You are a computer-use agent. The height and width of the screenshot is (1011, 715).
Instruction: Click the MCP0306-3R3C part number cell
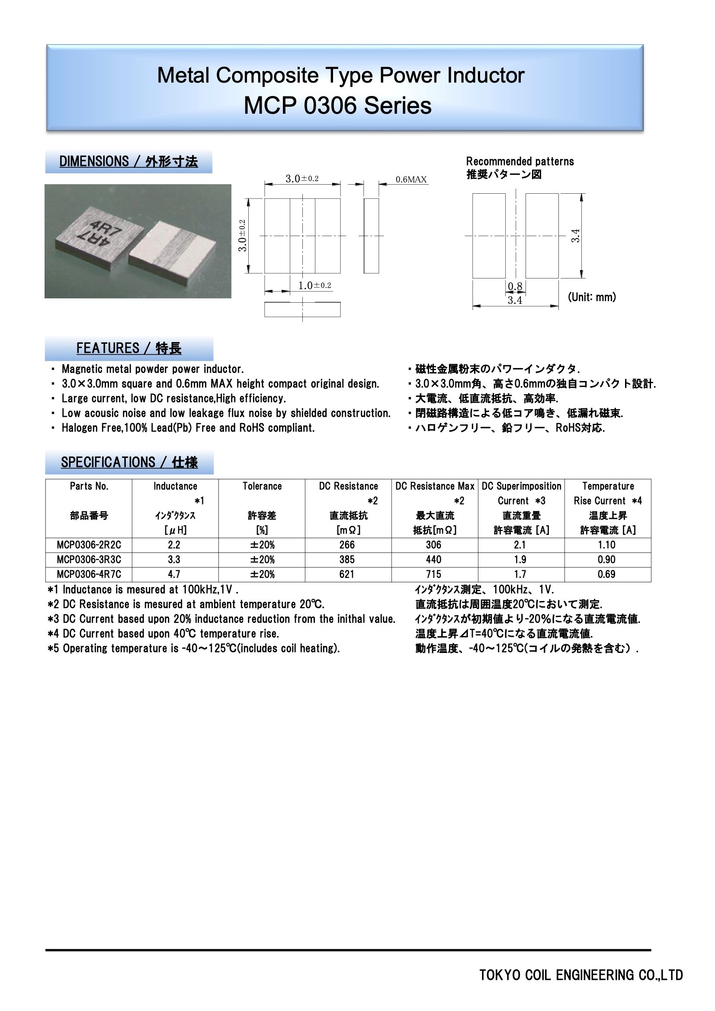click(x=89, y=560)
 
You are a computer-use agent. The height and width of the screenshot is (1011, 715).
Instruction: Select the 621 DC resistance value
click(x=347, y=574)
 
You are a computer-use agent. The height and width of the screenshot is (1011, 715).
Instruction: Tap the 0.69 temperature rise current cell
click(x=606, y=574)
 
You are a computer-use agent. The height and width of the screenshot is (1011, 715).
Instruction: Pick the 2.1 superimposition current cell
click(x=520, y=545)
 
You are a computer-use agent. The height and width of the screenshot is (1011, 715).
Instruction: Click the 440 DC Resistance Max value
click(x=433, y=560)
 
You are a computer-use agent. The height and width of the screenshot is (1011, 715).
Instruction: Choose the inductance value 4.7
click(x=174, y=574)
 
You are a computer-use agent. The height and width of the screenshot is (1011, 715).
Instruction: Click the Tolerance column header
click(x=262, y=486)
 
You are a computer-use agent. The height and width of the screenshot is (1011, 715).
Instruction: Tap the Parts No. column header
click(x=89, y=486)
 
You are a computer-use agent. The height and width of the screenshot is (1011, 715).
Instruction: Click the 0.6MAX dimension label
click(x=411, y=179)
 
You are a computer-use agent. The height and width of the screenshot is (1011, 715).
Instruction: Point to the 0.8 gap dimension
click(x=515, y=287)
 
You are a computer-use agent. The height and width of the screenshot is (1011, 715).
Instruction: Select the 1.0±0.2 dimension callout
click(x=314, y=285)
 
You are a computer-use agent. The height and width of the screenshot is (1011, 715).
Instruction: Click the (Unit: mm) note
click(x=592, y=297)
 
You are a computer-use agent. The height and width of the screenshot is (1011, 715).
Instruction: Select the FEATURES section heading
click(x=128, y=348)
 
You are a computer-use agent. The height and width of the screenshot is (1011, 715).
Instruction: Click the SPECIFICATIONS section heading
click(x=129, y=462)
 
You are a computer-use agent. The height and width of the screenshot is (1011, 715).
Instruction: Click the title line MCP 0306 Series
click(x=337, y=106)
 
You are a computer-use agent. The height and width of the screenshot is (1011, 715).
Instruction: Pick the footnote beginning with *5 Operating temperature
click(x=193, y=648)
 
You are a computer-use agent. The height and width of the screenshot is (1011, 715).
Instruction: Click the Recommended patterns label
click(x=520, y=161)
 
